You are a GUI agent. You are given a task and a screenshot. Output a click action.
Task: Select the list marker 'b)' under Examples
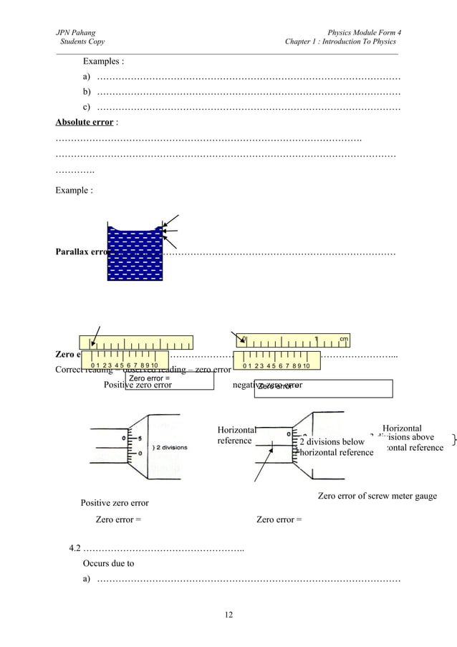point(87,92)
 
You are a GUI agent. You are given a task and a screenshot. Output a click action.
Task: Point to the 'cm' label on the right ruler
point(344,339)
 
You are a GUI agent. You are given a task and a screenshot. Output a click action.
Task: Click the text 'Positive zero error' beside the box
point(138,385)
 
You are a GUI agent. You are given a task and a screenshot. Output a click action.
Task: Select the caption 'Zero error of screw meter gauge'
point(377,496)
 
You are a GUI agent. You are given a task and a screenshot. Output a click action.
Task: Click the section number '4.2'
point(75,549)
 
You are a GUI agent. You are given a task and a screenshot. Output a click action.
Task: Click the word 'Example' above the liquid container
point(72,191)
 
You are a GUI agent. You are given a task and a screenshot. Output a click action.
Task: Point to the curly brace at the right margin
point(453,438)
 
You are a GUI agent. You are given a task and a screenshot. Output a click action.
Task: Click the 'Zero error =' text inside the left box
point(149,378)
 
